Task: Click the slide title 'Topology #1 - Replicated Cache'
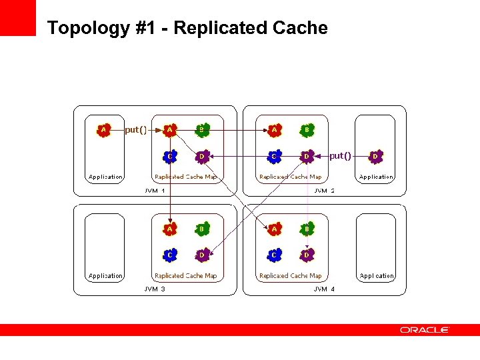pyautogui.click(x=187, y=28)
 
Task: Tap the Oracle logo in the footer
pyautogui.click(x=425, y=330)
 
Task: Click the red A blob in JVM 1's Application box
pyautogui.click(x=103, y=130)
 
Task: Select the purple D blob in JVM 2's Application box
pyautogui.click(x=377, y=157)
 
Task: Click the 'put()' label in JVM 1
pyautogui.click(x=136, y=130)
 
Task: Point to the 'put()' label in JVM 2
pyautogui.click(x=340, y=156)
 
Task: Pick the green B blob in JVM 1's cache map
pyautogui.click(x=202, y=130)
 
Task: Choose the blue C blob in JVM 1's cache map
pyautogui.click(x=171, y=157)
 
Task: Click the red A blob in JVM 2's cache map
pyautogui.click(x=275, y=130)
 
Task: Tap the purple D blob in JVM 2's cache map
pyautogui.click(x=307, y=157)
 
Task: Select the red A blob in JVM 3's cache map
pyautogui.click(x=171, y=229)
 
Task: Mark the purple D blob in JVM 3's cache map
pyautogui.click(x=202, y=255)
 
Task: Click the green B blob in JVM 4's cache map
pyautogui.click(x=307, y=229)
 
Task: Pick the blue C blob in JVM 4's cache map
pyautogui.click(x=275, y=255)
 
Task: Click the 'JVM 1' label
pyautogui.click(x=155, y=191)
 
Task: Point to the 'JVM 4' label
pyautogui.click(x=325, y=289)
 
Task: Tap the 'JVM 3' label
pyautogui.click(x=155, y=289)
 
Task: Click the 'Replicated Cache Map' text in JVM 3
pyautogui.click(x=185, y=276)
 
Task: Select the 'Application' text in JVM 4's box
pyautogui.click(x=377, y=276)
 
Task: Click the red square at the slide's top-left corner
pyautogui.click(x=17, y=17)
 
